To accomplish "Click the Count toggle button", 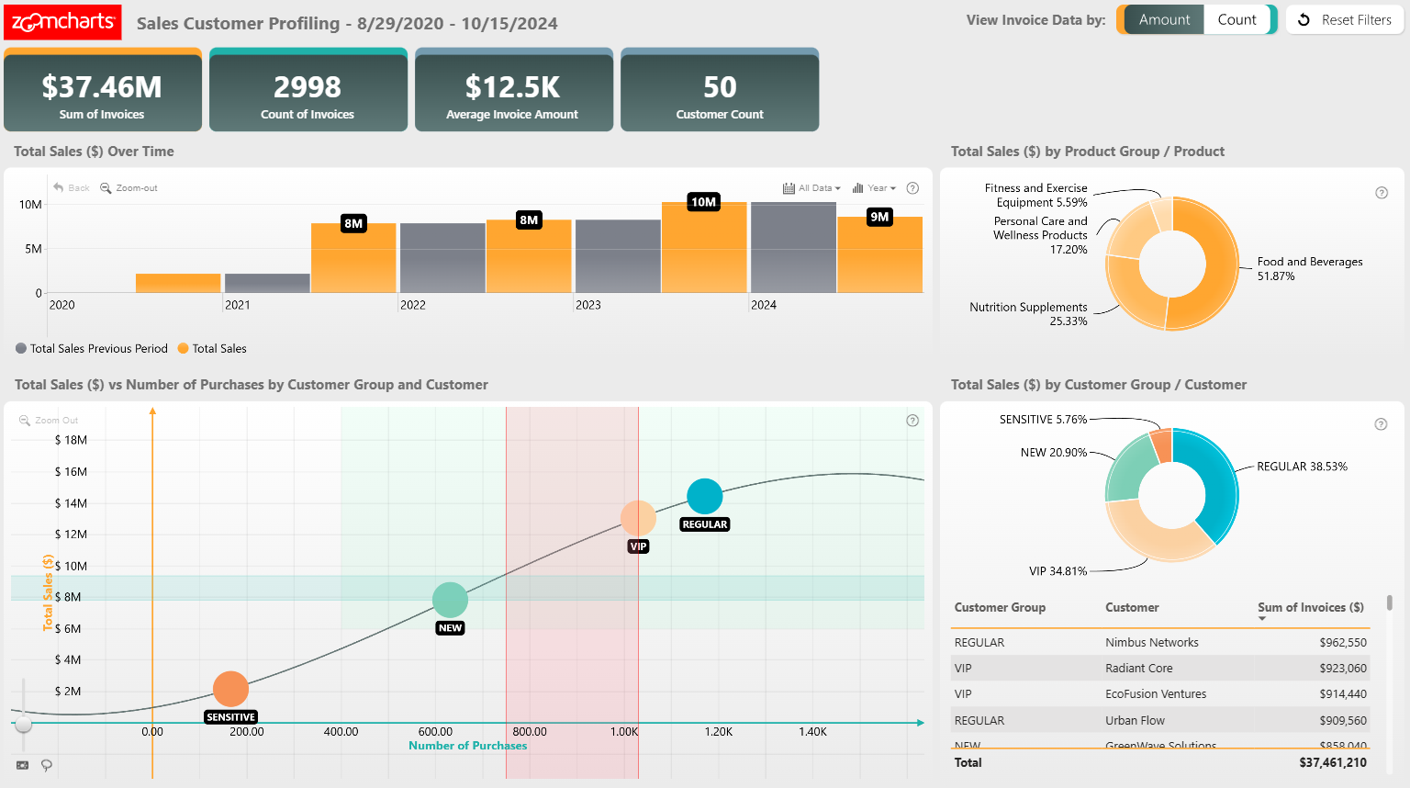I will (x=1237, y=19).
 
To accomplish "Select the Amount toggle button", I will (x=1163, y=19).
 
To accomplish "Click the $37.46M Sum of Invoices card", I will (x=102, y=93).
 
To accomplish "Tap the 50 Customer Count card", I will (x=720, y=93).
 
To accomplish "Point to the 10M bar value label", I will (x=703, y=202).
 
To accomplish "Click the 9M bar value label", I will (x=879, y=217).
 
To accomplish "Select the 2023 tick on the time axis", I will (x=587, y=305).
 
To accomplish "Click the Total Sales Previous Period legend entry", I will (x=92, y=349).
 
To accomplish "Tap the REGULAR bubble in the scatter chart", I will (x=704, y=496).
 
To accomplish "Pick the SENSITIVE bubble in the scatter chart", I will (x=230, y=689).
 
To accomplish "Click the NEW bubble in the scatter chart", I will (x=450, y=600).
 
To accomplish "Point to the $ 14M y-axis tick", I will (x=72, y=503).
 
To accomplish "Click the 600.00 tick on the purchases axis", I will (x=435, y=732).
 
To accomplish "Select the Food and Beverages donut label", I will (x=1309, y=268).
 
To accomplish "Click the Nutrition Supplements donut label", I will (x=1029, y=314).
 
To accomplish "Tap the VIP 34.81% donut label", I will (x=1057, y=571).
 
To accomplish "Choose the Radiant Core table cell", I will (x=1138, y=669).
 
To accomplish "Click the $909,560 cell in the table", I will (x=1342, y=721).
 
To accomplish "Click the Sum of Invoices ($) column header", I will (x=1310, y=608).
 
